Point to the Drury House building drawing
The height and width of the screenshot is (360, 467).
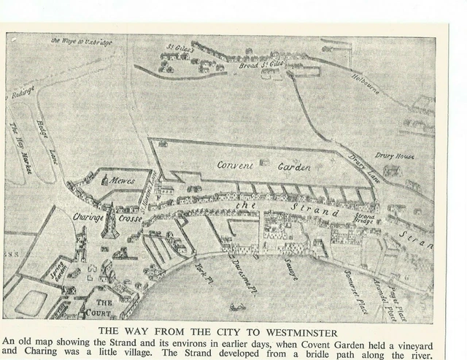click(x=393, y=171)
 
